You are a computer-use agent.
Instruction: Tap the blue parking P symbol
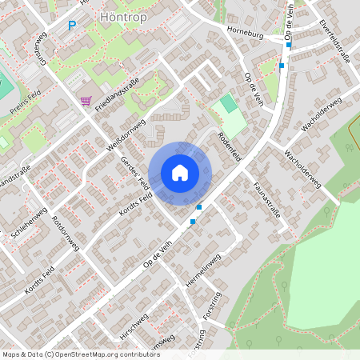[x=71, y=26]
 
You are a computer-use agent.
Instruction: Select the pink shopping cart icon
[x=86, y=100]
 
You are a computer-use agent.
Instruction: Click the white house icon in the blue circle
[x=180, y=173]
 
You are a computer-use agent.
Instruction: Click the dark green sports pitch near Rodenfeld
[x=230, y=103]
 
